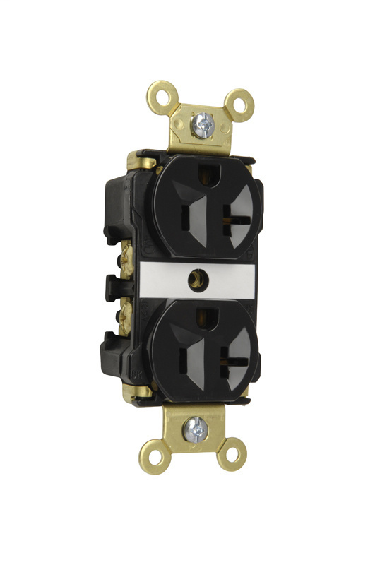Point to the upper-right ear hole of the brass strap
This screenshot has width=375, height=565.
[242, 104]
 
